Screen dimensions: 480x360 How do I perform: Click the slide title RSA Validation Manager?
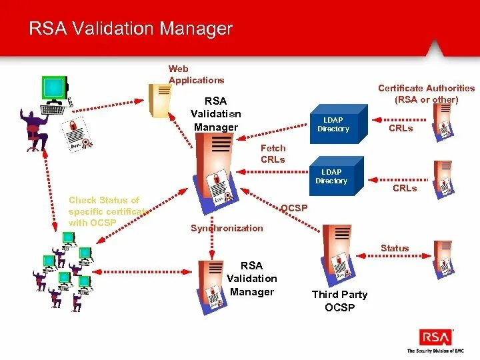point(130,29)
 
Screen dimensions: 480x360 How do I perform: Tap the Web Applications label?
point(196,74)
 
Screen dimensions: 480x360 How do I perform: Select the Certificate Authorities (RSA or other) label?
point(426,93)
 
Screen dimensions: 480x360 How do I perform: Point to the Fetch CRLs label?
point(273,153)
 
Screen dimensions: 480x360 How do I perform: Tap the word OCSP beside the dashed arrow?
point(294,208)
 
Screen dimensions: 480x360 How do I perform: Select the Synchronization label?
point(227,228)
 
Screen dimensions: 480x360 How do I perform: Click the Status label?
point(395,248)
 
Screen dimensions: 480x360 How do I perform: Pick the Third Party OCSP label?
point(340,300)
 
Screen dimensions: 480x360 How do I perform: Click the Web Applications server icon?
point(159,100)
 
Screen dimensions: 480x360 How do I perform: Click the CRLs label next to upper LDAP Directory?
point(401,128)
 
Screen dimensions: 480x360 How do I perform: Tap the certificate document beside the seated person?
point(76,133)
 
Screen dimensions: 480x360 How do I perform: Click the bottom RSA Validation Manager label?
point(252,279)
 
